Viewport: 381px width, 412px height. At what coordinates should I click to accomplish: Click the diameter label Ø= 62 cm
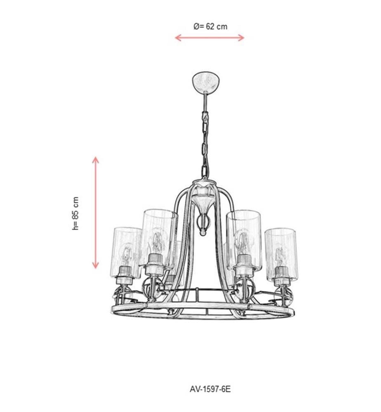(x=210, y=26)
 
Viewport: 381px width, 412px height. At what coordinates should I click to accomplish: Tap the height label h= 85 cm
(x=75, y=213)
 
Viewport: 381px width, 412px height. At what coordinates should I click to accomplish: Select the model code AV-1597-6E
(x=210, y=389)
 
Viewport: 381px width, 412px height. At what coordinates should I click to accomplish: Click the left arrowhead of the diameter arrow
(x=178, y=37)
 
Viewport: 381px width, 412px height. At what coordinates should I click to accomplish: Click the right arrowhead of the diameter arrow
(x=242, y=37)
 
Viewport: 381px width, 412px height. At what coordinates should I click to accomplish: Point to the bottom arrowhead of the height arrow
(x=95, y=266)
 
